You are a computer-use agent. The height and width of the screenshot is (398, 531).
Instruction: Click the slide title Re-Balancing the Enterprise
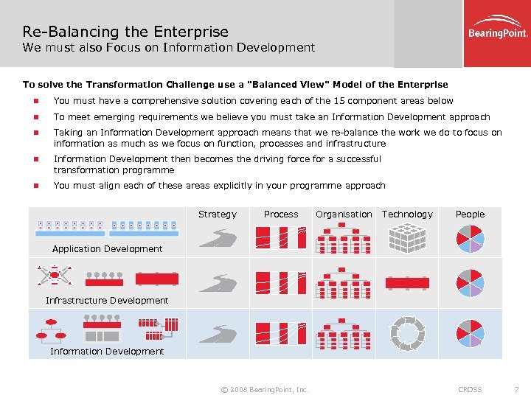point(125,32)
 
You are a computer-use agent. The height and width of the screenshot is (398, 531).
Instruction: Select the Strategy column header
point(218,214)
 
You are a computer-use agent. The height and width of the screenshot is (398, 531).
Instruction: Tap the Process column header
point(281,214)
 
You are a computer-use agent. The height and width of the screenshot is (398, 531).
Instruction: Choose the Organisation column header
point(344,214)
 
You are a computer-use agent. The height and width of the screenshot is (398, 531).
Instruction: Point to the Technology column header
point(407,214)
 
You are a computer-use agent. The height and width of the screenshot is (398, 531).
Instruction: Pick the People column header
point(470,214)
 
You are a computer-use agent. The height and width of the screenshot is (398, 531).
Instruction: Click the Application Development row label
point(108,249)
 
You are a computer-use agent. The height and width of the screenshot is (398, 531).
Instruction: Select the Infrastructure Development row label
point(107,301)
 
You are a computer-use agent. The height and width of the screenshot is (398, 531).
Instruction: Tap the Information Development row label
point(107,352)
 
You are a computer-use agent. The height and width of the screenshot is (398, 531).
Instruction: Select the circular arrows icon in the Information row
point(407,334)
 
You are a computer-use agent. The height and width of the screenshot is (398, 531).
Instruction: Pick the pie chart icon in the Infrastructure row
point(470,283)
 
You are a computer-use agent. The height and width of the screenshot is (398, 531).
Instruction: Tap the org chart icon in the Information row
point(344,334)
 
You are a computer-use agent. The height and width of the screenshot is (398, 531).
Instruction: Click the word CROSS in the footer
point(470,389)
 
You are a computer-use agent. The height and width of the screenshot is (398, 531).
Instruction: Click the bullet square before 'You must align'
point(33,186)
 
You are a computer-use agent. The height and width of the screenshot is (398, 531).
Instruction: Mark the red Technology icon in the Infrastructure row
point(407,283)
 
